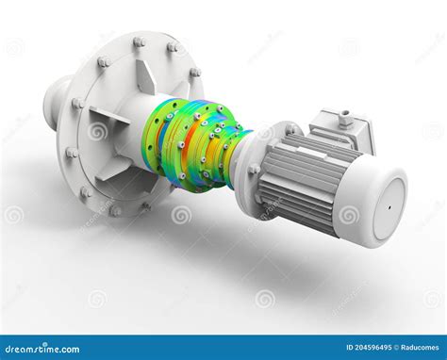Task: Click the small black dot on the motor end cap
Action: point(389,207)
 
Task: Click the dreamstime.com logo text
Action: point(40,349)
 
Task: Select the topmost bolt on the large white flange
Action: point(139,42)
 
